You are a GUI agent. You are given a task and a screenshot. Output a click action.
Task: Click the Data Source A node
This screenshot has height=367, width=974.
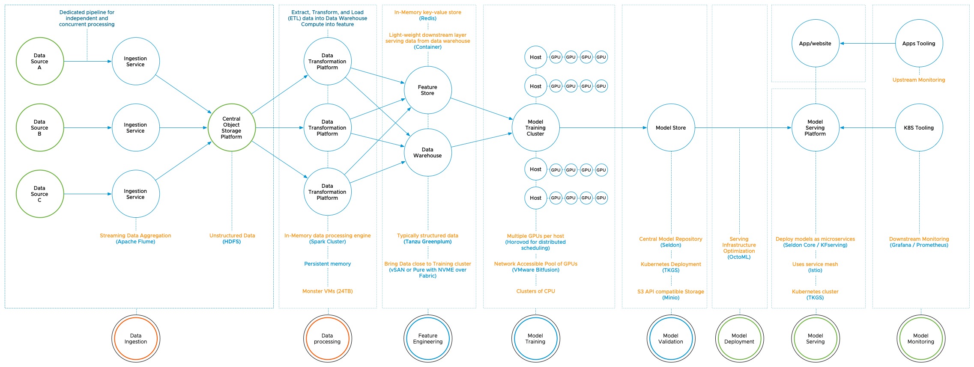point(39,61)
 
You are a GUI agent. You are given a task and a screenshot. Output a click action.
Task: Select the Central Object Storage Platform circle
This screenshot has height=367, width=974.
point(231,127)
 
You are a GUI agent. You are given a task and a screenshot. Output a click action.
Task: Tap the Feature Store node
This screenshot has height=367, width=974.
point(427,90)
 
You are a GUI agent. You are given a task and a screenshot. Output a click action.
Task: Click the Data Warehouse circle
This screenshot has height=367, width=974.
point(427,153)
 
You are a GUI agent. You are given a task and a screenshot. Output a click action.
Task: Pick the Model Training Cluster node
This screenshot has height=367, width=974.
point(535,127)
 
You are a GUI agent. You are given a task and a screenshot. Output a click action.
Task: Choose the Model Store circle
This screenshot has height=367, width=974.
point(671,127)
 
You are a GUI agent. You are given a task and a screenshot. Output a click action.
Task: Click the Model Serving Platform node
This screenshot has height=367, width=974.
point(815,127)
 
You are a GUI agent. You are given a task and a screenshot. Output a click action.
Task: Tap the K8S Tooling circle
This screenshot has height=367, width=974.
point(919,127)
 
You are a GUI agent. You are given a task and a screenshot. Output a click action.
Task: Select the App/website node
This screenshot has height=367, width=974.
point(815,43)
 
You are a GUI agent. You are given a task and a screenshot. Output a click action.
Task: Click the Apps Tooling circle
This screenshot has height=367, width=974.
point(919,43)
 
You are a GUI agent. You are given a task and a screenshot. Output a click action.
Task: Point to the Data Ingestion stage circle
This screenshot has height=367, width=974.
point(136,339)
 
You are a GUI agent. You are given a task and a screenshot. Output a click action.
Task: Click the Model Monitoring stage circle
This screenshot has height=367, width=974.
point(920,339)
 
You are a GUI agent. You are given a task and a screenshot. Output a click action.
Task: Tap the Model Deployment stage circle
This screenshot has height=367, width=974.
point(739,339)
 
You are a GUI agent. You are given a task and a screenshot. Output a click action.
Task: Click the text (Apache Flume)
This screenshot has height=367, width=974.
point(135,242)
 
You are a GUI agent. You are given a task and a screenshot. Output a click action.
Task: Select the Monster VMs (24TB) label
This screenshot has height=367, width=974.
point(327,291)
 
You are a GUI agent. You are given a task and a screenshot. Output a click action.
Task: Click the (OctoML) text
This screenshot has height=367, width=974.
point(739,257)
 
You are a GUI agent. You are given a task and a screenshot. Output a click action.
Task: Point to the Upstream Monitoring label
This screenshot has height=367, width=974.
point(918,80)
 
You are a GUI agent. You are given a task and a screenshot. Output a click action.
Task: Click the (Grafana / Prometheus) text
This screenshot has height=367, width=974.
point(919,245)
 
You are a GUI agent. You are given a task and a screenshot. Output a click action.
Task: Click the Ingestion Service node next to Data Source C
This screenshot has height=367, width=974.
point(135,194)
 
